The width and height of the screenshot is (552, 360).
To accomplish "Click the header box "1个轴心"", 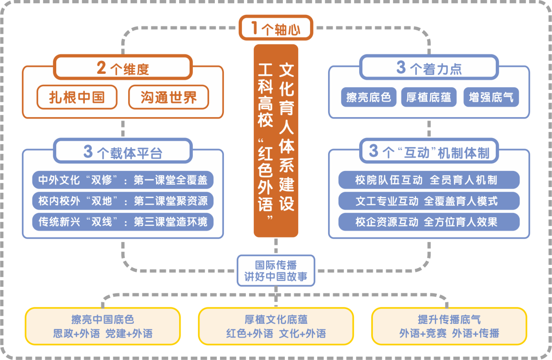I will (x=276, y=29).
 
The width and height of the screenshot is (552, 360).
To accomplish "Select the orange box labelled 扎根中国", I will (x=77, y=98).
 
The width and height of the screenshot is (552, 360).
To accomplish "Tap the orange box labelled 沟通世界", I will (x=169, y=98).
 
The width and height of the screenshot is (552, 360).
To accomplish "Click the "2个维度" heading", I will (x=123, y=68).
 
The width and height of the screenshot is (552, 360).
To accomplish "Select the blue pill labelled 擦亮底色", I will (x=369, y=97).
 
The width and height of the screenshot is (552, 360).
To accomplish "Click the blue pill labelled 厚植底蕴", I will (x=429, y=97).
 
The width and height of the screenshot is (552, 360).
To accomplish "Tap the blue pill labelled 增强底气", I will (x=491, y=97).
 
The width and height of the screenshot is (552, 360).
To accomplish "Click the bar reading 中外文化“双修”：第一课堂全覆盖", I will (x=123, y=180).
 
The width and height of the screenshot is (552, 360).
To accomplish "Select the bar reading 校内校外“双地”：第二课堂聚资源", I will (x=123, y=201).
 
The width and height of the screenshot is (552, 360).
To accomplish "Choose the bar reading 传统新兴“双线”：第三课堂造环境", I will (x=123, y=222).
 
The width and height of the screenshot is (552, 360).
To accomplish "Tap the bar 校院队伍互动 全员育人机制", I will (x=429, y=180).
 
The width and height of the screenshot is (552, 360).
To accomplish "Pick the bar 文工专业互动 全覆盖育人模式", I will (x=429, y=201).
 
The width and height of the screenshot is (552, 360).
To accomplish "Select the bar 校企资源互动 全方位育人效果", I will (x=429, y=222).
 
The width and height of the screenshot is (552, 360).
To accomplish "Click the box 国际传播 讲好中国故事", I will (x=276, y=270).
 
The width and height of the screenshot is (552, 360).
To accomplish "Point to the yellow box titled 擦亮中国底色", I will (x=102, y=326).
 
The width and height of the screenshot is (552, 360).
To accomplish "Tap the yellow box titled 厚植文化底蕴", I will (x=276, y=326).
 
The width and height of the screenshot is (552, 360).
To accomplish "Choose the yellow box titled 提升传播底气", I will (x=449, y=326).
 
